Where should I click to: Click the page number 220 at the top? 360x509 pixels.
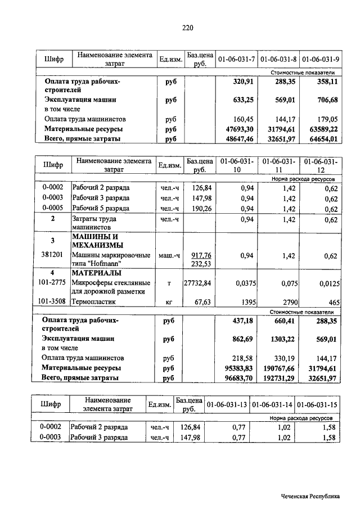pos(188,26)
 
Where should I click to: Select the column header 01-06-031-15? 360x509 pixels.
pos(317,405)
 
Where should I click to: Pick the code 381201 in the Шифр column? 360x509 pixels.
pos(52,255)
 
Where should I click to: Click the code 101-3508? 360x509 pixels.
pos(52,301)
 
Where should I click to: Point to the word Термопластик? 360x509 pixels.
pos(94,301)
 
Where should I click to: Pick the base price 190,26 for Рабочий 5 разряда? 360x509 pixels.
pos(197,208)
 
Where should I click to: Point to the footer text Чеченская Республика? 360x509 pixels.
pos(311,496)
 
